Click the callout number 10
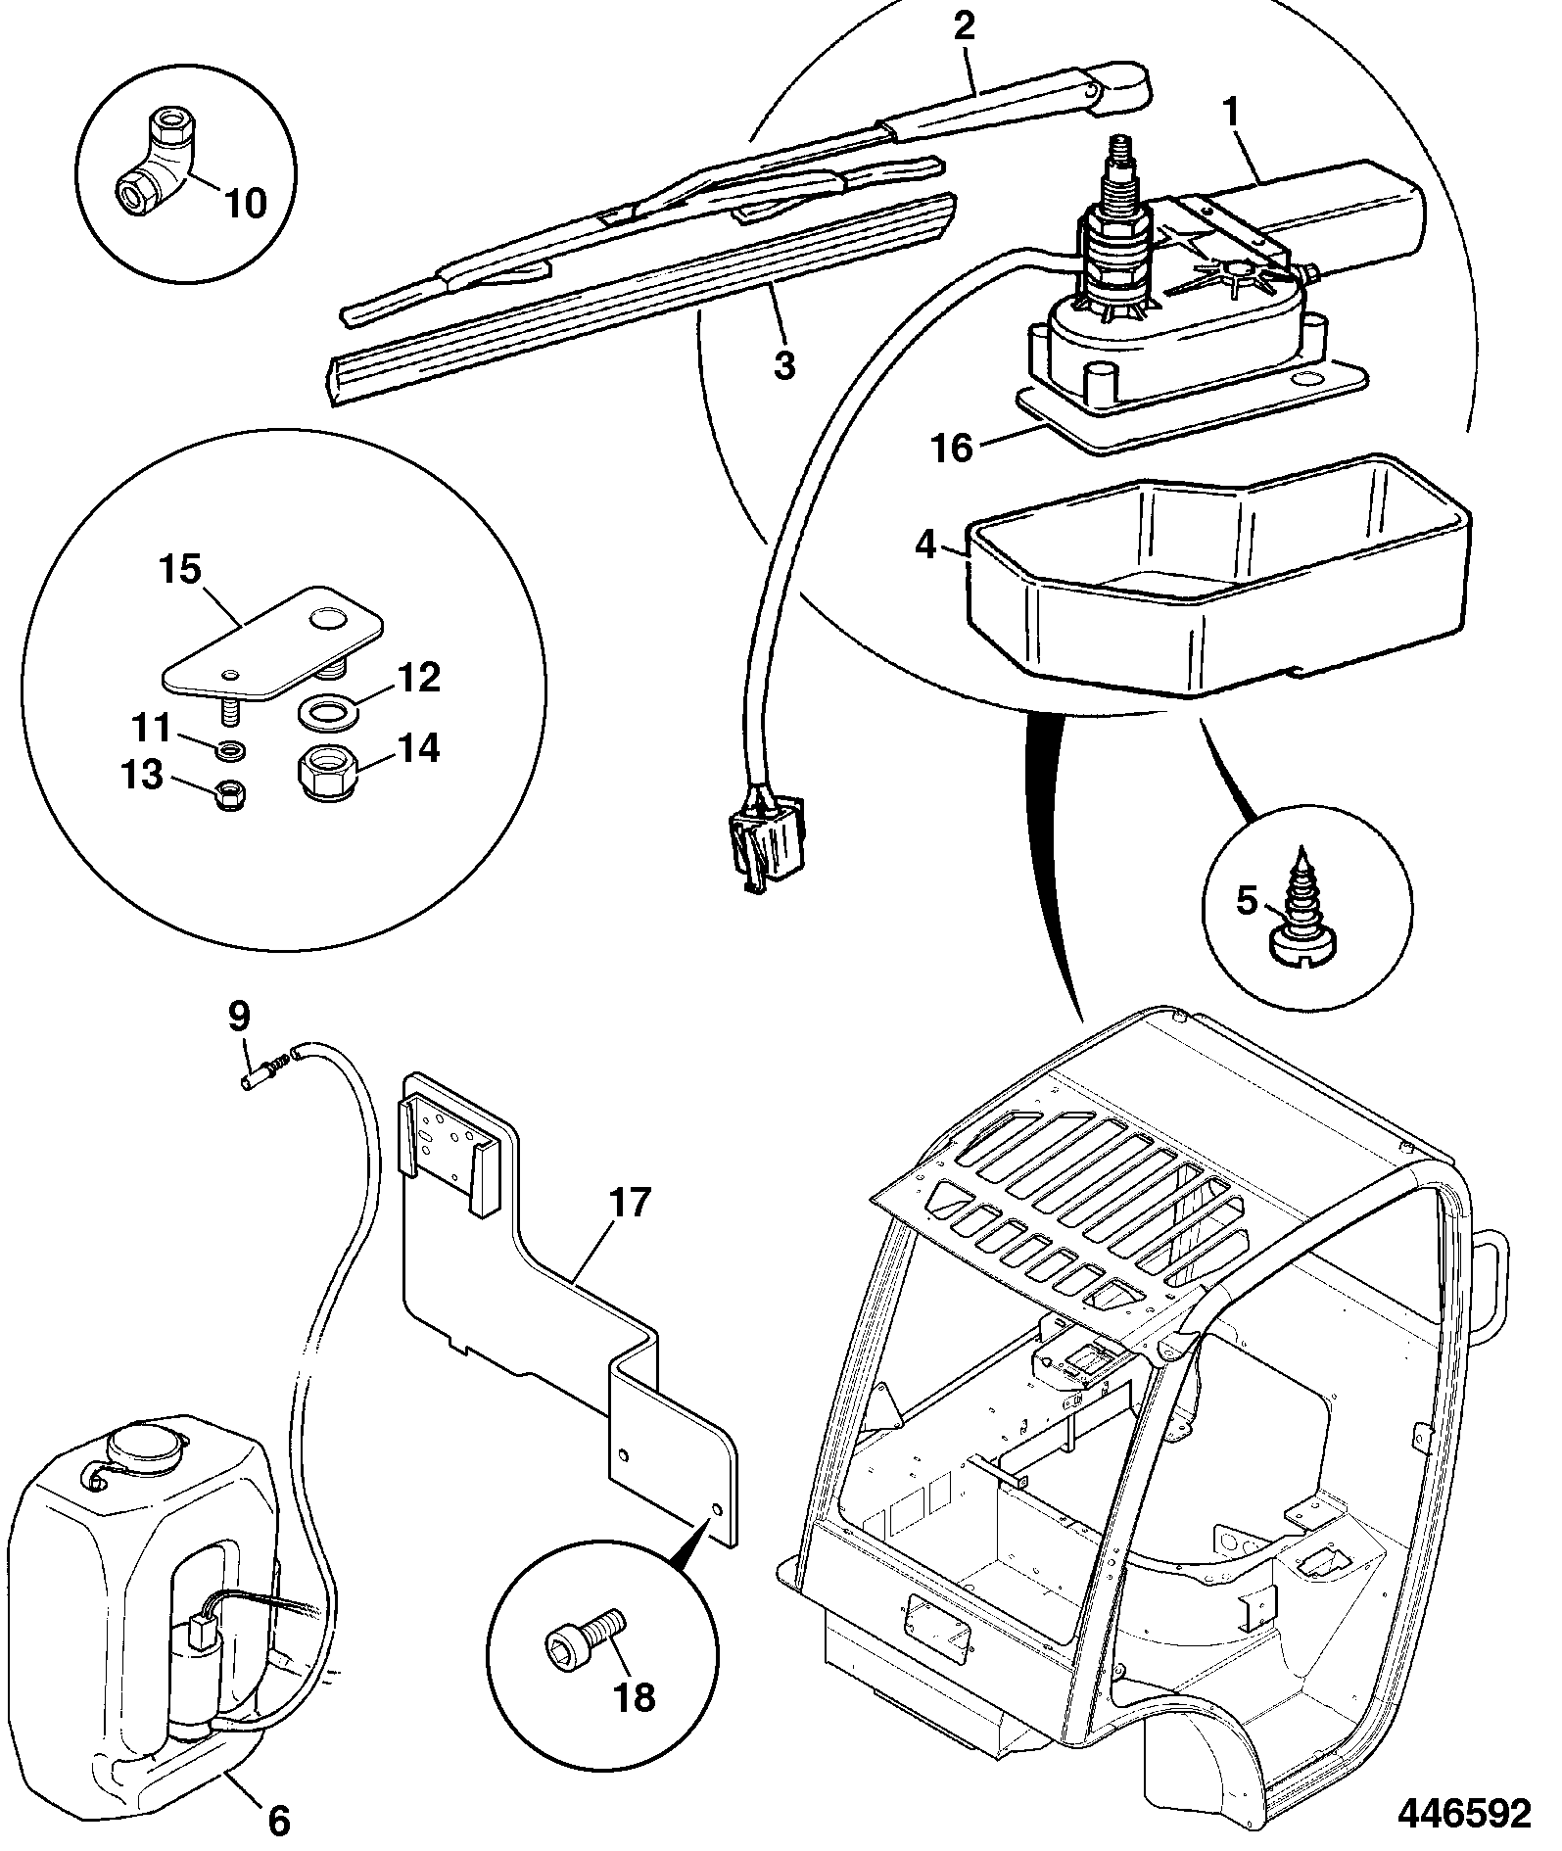point(246,204)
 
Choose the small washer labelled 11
point(232,752)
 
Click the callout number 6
point(279,1821)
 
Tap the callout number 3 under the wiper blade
point(784,364)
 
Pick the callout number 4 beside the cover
point(926,544)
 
